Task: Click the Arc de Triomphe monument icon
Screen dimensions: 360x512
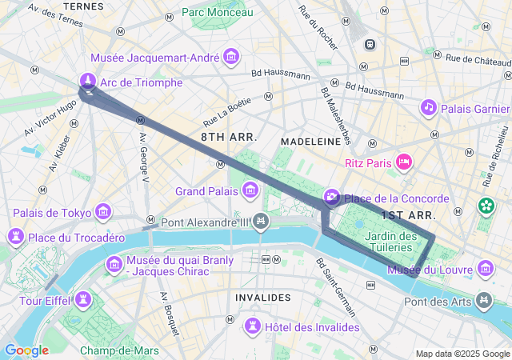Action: click(x=88, y=81)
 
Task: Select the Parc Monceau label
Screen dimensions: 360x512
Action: click(x=217, y=12)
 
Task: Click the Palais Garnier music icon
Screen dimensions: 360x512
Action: click(x=429, y=107)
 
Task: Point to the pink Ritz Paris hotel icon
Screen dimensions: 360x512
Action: click(x=404, y=162)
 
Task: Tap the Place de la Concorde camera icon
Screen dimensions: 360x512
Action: click(x=331, y=198)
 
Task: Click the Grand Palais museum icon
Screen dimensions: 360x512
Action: click(x=250, y=190)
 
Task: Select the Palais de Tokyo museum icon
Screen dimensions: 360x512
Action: click(x=103, y=212)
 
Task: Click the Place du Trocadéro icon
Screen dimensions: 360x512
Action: click(x=15, y=237)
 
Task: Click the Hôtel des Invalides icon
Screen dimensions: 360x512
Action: click(x=253, y=326)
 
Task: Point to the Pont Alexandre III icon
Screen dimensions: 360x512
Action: click(x=260, y=222)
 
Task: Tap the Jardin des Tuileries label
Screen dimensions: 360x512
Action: click(x=390, y=242)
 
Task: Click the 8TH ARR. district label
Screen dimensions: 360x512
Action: click(x=229, y=137)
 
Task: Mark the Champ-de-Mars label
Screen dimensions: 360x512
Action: click(x=119, y=350)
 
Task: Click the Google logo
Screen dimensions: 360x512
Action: click(x=26, y=350)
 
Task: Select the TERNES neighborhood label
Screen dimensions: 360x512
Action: click(x=82, y=6)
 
